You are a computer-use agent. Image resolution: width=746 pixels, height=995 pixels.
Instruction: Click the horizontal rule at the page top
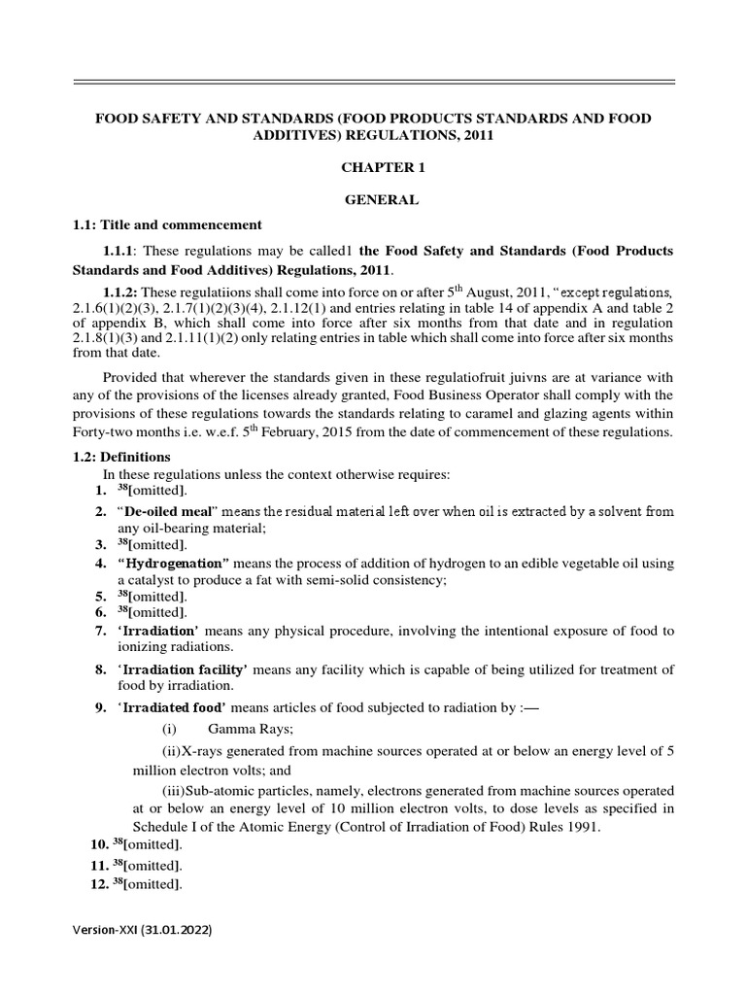point(373,84)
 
